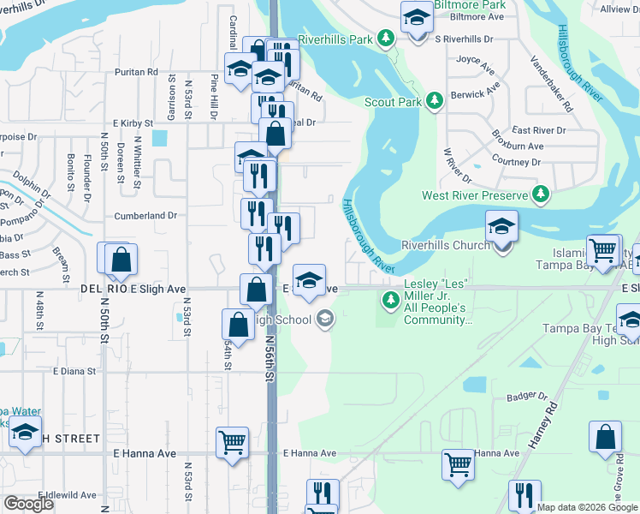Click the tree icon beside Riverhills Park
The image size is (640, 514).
[387, 39]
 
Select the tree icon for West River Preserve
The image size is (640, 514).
[541, 195]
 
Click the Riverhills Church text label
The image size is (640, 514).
[446, 245]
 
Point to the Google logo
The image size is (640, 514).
[28, 504]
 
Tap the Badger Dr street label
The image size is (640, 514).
[526, 397]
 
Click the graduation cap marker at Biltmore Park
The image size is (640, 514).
[417, 17]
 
